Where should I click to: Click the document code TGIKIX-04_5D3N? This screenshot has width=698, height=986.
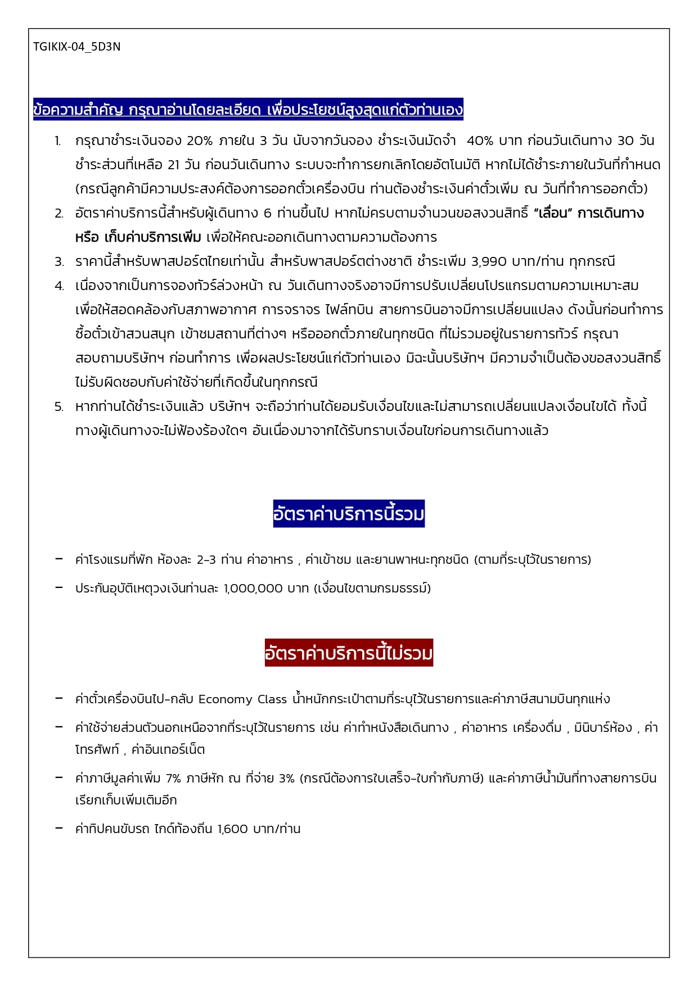click(76, 47)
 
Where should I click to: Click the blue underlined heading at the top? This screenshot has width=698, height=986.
click(248, 109)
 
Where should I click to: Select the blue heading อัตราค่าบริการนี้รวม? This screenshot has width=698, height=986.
click(349, 514)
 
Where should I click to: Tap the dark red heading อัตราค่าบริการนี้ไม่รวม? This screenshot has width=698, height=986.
click(349, 653)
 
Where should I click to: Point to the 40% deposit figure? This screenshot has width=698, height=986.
click(480, 141)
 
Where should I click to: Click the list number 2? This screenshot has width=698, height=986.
click(59, 214)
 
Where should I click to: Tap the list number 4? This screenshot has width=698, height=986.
click(59, 286)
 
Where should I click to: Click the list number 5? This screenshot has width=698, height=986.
click(59, 407)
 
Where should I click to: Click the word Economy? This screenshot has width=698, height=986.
click(225, 699)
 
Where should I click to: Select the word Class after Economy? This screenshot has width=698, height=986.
click(272, 699)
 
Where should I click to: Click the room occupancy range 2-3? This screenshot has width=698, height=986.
click(206, 560)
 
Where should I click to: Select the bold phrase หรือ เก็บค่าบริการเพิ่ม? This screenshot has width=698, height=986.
click(138, 238)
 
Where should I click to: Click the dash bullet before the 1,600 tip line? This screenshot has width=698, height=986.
click(59, 828)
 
